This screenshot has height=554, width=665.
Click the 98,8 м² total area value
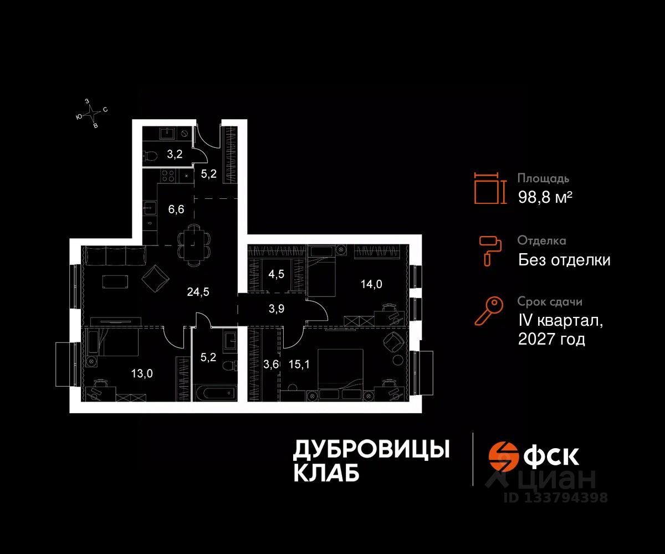pyautogui.click(x=545, y=197)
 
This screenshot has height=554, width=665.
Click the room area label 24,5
pyautogui.click(x=198, y=291)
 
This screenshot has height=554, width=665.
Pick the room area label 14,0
pyautogui.click(x=371, y=284)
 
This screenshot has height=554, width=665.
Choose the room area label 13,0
pyautogui.click(x=141, y=373)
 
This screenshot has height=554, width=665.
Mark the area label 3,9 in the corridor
pyautogui.click(x=276, y=309)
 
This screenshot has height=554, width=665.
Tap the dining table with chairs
pyautogui.click(x=194, y=244)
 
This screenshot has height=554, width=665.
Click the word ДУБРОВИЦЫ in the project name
pyautogui.click(x=371, y=450)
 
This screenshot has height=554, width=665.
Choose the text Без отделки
pyautogui.click(x=564, y=259)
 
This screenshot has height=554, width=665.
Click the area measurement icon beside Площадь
pyautogui.click(x=490, y=187)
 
